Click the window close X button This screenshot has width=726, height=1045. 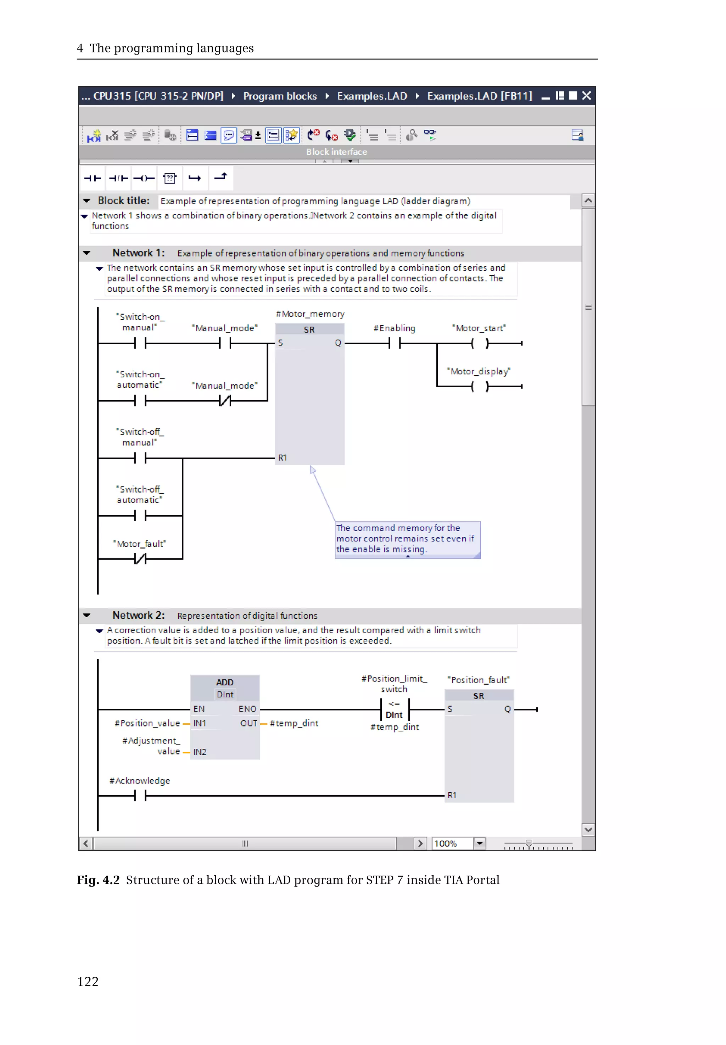(x=586, y=95)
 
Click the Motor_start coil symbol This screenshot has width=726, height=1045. (x=480, y=343)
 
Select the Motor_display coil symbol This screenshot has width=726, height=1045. (x=480, y=387)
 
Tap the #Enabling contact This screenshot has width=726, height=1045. (x=395, y=343)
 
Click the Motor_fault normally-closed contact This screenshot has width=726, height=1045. (x=140, y=558)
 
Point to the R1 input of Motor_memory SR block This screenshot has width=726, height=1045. (x=283, y=458)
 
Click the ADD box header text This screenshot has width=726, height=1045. (x=225, y=682)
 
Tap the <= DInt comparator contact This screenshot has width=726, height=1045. (x=395, y=709)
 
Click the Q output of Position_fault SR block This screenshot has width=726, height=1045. (x=507, y=709)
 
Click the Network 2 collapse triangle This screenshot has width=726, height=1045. (x=87, y=615)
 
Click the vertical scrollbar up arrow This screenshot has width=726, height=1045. (x=588, y=201)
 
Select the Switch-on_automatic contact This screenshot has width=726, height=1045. (x=140, y=401)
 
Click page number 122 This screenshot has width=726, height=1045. (x=88, y=981)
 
